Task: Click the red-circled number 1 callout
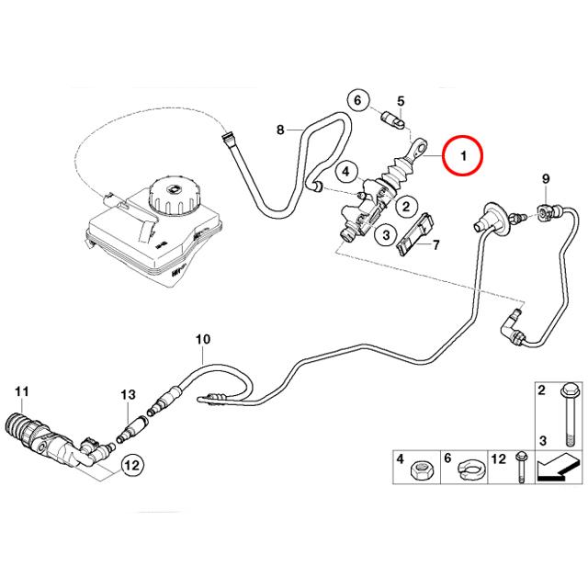tap(464, 157)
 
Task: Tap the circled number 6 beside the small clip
tap(359, 100)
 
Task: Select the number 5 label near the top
tap(401, 100)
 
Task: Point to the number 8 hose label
tap(282, 130)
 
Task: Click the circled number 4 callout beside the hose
tap(345, 171)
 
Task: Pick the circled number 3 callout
tap(388, 236)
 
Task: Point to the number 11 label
tap(22, 391)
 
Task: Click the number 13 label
tap(128, 394)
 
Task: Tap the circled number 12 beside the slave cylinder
tap(131, 466)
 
